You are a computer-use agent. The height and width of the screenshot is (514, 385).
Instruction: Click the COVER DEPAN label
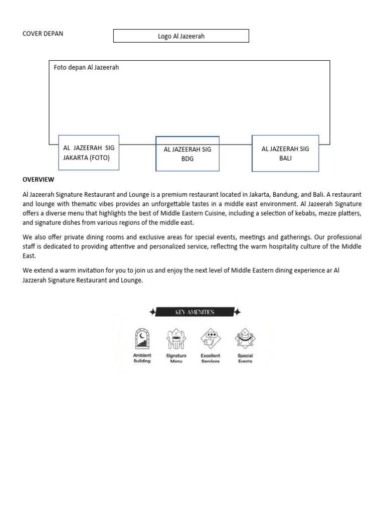pos(43,34)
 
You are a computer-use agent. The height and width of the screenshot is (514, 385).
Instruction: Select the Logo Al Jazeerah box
pos(181,36)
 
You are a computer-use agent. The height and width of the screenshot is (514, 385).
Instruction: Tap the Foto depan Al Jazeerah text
pos(86,67)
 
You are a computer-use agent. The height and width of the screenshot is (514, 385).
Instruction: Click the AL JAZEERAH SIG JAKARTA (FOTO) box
pos(89,153)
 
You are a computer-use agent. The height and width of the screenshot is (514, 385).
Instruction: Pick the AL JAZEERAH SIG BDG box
pos(187,154)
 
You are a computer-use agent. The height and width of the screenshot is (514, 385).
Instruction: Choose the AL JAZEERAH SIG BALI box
pos(285,153)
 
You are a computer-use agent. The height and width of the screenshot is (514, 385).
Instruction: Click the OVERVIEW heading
pos(39,179)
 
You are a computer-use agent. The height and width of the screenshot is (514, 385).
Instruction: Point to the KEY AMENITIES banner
pos(195,312)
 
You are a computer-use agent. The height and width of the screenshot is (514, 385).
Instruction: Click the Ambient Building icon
pos(142,339)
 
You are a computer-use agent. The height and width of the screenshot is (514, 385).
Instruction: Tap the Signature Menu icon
pos(176,339)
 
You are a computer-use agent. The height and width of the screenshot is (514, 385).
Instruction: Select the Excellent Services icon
pos(210,339)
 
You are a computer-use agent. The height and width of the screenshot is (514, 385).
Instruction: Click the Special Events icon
pos(245,339)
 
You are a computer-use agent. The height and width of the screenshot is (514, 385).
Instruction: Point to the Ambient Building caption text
pos(142,358)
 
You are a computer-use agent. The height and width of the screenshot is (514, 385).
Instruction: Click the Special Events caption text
pos(245,358)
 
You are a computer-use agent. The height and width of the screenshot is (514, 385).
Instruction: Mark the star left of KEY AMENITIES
pos(152,312)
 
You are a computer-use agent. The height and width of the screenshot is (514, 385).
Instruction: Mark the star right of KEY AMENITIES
pos(237,312)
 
